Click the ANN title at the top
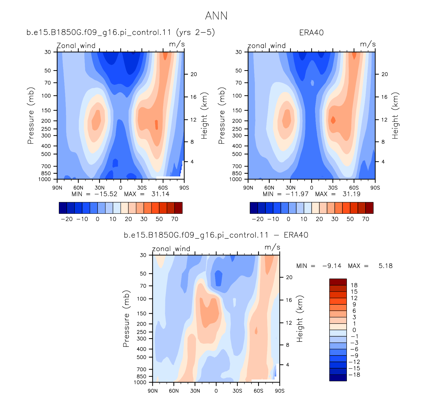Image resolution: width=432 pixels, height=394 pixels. (216, 16)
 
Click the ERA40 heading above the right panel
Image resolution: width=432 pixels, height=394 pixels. (311, 33)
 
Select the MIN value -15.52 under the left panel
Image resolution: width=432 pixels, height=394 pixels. (106, 194)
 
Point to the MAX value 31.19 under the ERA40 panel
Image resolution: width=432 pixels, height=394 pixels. (351, 194)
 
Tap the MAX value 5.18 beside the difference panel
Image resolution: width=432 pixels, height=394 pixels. (386, 266)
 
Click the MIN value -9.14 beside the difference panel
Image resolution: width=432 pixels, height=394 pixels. (332, 266)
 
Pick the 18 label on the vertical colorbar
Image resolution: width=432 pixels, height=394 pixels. (354, 285)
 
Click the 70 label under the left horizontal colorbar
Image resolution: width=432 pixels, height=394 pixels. (175, 219)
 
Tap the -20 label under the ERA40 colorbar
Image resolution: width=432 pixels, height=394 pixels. (258, 219)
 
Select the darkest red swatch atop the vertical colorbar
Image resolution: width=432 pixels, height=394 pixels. (338, 282)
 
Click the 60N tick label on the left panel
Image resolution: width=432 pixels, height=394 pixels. (78, 188)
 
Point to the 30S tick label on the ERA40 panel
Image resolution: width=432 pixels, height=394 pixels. (333, 188)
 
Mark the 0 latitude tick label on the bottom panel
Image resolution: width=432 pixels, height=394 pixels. (216, 391)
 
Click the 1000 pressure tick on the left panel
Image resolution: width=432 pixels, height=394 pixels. (44, 179)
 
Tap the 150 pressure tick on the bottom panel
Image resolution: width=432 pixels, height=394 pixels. (141, 313)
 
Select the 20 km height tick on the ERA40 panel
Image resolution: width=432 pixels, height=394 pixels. (385, 74)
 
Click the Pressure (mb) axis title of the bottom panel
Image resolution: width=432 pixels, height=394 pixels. (126, 319)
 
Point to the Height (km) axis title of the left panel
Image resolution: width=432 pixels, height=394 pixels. (204, 116)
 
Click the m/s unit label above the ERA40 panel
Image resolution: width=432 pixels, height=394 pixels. (368, 44)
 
